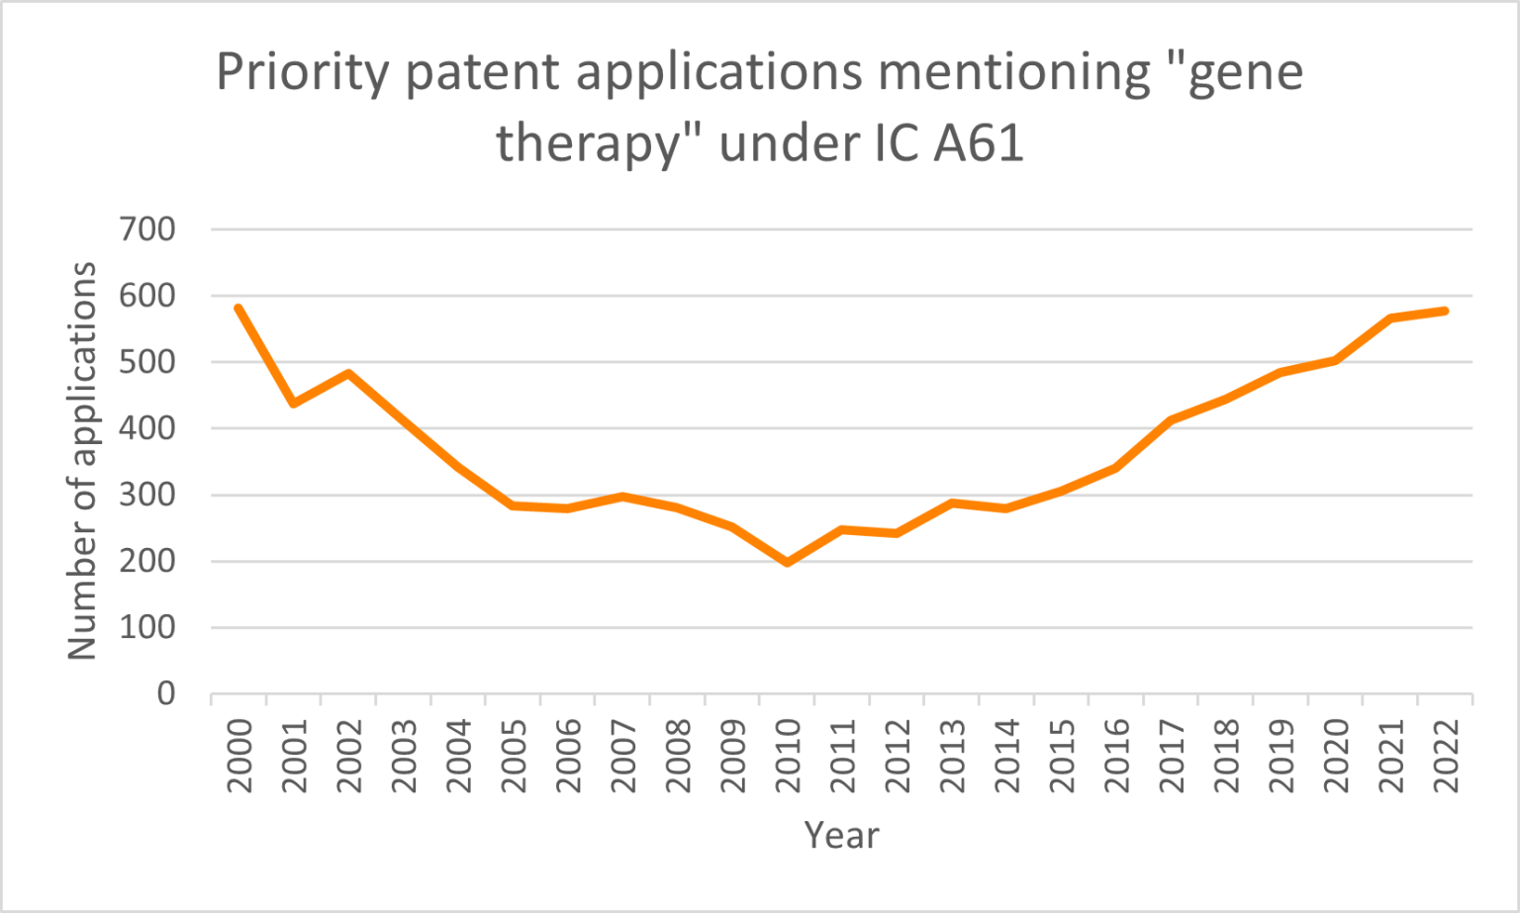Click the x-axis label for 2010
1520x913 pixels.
(788, 756)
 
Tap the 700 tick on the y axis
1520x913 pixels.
(146, 229)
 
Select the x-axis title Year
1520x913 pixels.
(841, 836)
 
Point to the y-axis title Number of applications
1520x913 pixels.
(82, 461)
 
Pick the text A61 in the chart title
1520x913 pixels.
(978, 143)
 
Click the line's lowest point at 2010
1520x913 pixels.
(788, 563)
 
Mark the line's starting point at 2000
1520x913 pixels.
(238, 309)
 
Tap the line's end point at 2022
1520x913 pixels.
(1446, 312)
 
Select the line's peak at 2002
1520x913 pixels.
(348, 373)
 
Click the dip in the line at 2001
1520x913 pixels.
(294, 404)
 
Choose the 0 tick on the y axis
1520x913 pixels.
(166, 694)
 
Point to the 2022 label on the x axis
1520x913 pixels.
(1447, 756)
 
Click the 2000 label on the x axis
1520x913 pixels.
(239, 756)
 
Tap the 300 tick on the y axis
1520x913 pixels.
(146, 495)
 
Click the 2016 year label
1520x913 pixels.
(1117, 756)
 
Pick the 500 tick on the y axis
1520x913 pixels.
(146, 362)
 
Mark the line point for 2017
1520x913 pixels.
(1172, 420)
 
